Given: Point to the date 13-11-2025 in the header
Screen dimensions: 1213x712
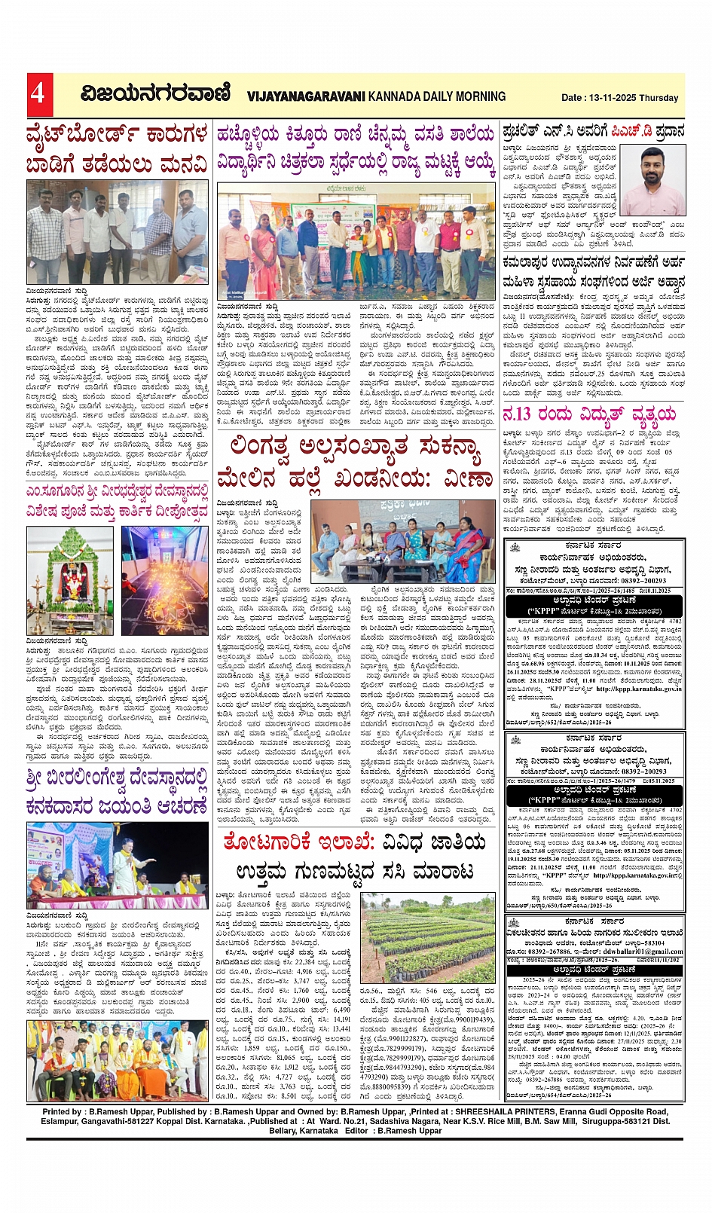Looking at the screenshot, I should pos(614,98).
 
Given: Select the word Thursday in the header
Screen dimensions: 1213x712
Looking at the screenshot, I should pos(659,98).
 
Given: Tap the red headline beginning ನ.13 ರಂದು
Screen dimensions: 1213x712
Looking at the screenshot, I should pos(589,414).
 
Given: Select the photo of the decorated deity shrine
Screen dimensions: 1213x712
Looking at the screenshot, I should pos(70,580).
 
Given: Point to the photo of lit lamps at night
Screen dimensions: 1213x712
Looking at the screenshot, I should pos(165,580).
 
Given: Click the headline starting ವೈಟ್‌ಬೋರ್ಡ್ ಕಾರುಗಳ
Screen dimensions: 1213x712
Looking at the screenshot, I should pos(117,149).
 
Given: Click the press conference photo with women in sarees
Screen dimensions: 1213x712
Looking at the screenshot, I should pos(402,541).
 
